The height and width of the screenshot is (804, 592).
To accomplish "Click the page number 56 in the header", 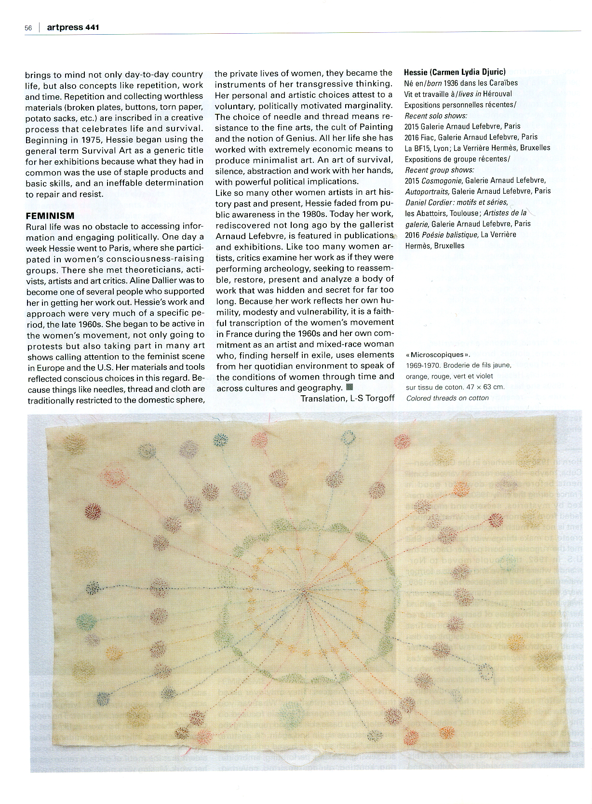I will click(28, 28).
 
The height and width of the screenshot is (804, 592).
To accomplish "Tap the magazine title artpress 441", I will click(73, 27).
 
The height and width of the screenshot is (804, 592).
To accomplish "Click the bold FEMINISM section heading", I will click(50, 215).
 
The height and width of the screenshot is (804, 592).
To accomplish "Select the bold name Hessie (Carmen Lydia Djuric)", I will click(455, 72).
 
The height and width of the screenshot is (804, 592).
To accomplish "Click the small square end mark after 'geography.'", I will click(350, 387).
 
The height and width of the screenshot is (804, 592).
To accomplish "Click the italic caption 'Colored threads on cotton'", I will click(447, 398).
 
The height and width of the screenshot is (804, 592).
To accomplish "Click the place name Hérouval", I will click(497, 94).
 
